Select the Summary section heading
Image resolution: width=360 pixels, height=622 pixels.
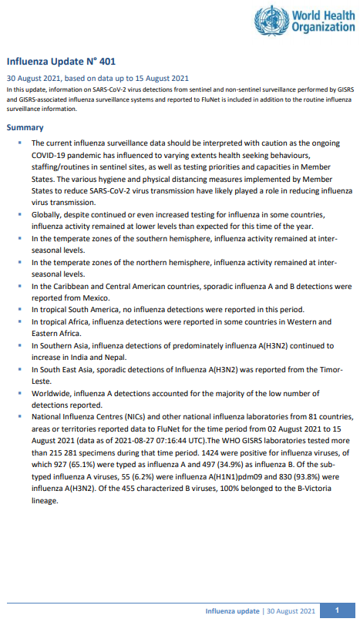[25, 127]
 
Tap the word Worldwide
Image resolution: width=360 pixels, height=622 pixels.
[53, 393]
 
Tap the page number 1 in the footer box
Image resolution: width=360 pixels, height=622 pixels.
[337, 610]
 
